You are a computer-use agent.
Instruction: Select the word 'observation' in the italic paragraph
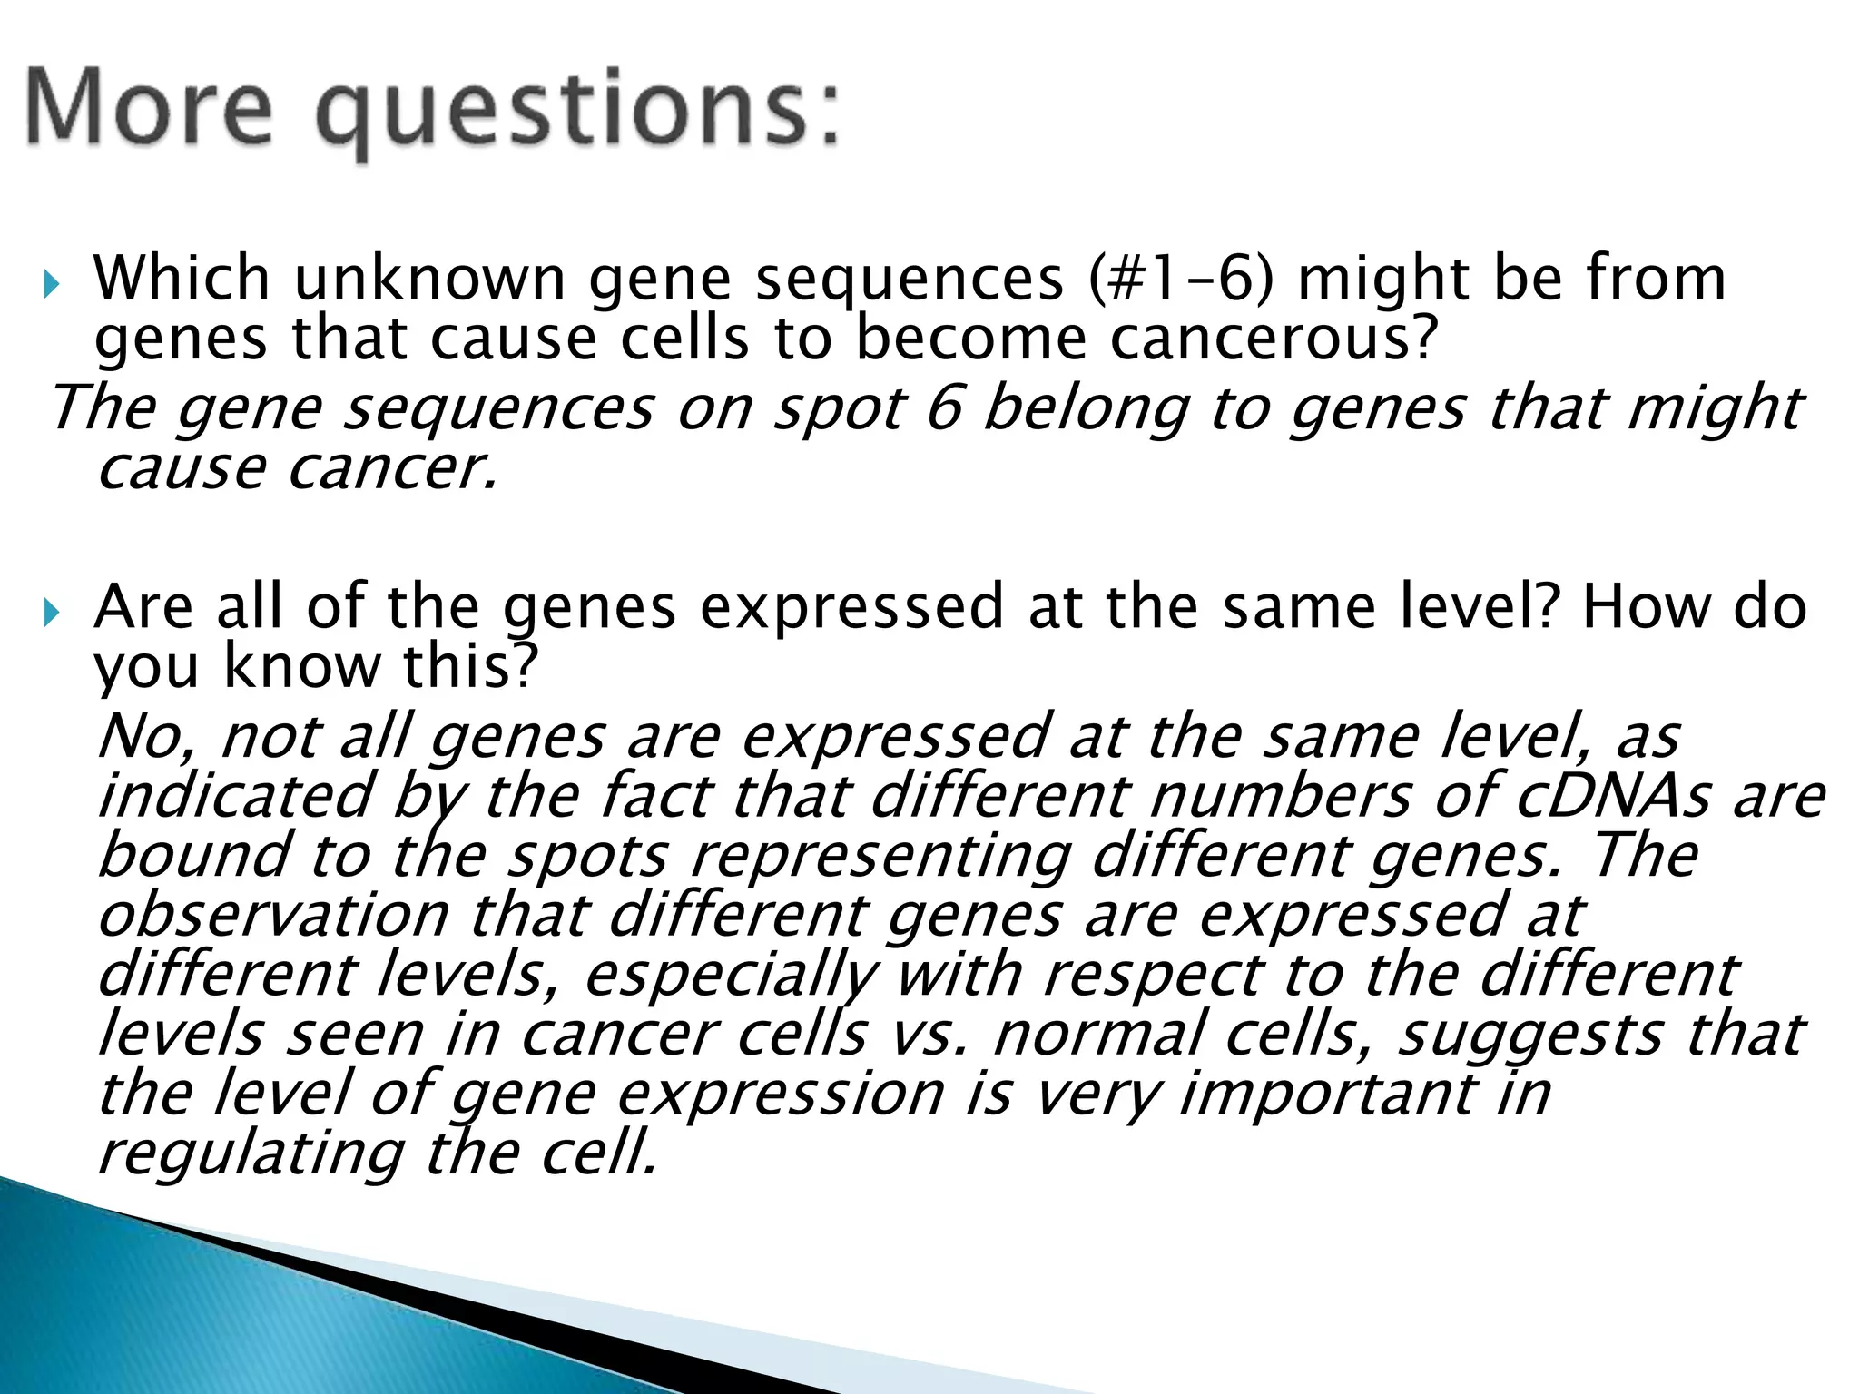pyautogui.click(x=271, y=914)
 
